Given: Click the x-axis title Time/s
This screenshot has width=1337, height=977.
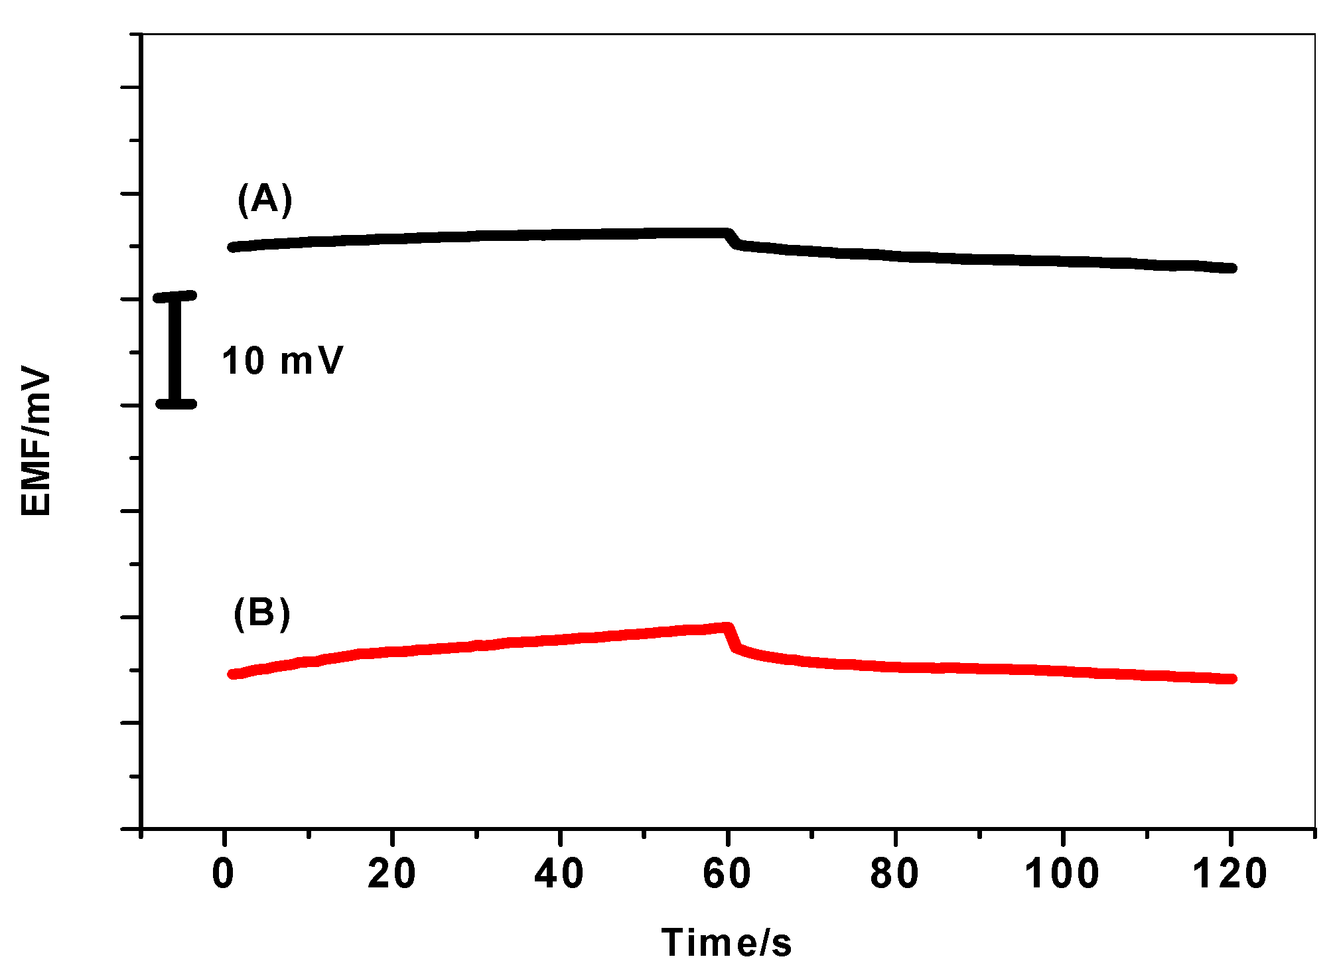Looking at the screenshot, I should (x=727, y=942).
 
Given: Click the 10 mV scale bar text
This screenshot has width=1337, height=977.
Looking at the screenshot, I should (x=282, y=362).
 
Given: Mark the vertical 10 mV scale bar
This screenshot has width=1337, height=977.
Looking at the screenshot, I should (x=175, y=350).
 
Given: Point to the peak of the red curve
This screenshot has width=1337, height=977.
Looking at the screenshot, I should (x=727, y=627).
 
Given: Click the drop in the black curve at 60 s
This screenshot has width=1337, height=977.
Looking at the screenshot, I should (x=733, y=239).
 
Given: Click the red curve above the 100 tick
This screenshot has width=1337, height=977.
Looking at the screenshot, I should (x=1063, y=671).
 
